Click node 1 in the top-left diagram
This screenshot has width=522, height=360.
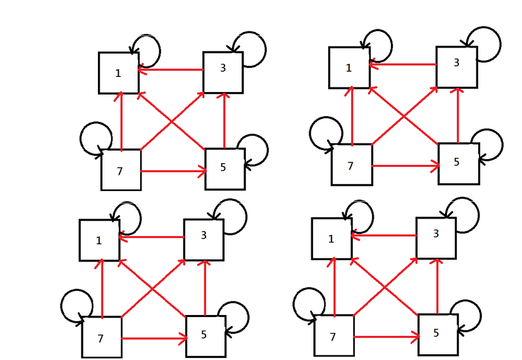[x=118, y=72]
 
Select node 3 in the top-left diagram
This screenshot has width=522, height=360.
[x=223, y=71]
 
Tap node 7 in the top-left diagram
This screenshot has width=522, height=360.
[x=121, y=170]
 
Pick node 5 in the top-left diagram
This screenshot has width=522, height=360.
[x=224, y=168]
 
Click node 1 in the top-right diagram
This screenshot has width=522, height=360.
[x=348, y=67]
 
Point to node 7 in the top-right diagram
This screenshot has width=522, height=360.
[x=351, y=164]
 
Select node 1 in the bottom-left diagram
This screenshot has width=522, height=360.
[x=99, y=240]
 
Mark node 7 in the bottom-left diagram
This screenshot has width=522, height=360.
[x=102, y=337]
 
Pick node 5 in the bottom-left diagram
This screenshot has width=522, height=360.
[x=206, y=335]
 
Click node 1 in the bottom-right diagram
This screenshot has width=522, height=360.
[x=331, y=239]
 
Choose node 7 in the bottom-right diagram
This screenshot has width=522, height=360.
[x=334, y=336]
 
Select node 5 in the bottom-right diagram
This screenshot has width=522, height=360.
[x=438, y=333]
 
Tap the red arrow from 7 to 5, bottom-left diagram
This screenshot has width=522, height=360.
[x=154, y=338]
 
